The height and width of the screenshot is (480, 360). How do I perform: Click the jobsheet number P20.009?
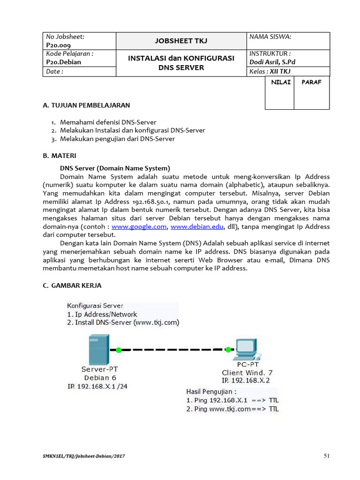coord(58,45)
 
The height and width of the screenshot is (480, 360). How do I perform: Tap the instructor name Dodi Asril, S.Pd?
coord(272,62)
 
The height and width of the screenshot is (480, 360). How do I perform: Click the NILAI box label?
coord(279,82)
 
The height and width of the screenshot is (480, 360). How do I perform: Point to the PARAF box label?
coord(311,82)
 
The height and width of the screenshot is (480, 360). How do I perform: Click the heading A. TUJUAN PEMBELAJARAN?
coord(87,105)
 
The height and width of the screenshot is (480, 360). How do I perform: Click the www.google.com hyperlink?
coord(139,226)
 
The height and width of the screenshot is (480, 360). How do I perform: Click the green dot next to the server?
coord(119,350)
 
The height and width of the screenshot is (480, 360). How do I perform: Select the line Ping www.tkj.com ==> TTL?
coord(232,409)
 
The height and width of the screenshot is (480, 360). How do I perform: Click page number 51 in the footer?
coord(327,455)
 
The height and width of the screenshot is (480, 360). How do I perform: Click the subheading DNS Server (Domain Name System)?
coord(115,168)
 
